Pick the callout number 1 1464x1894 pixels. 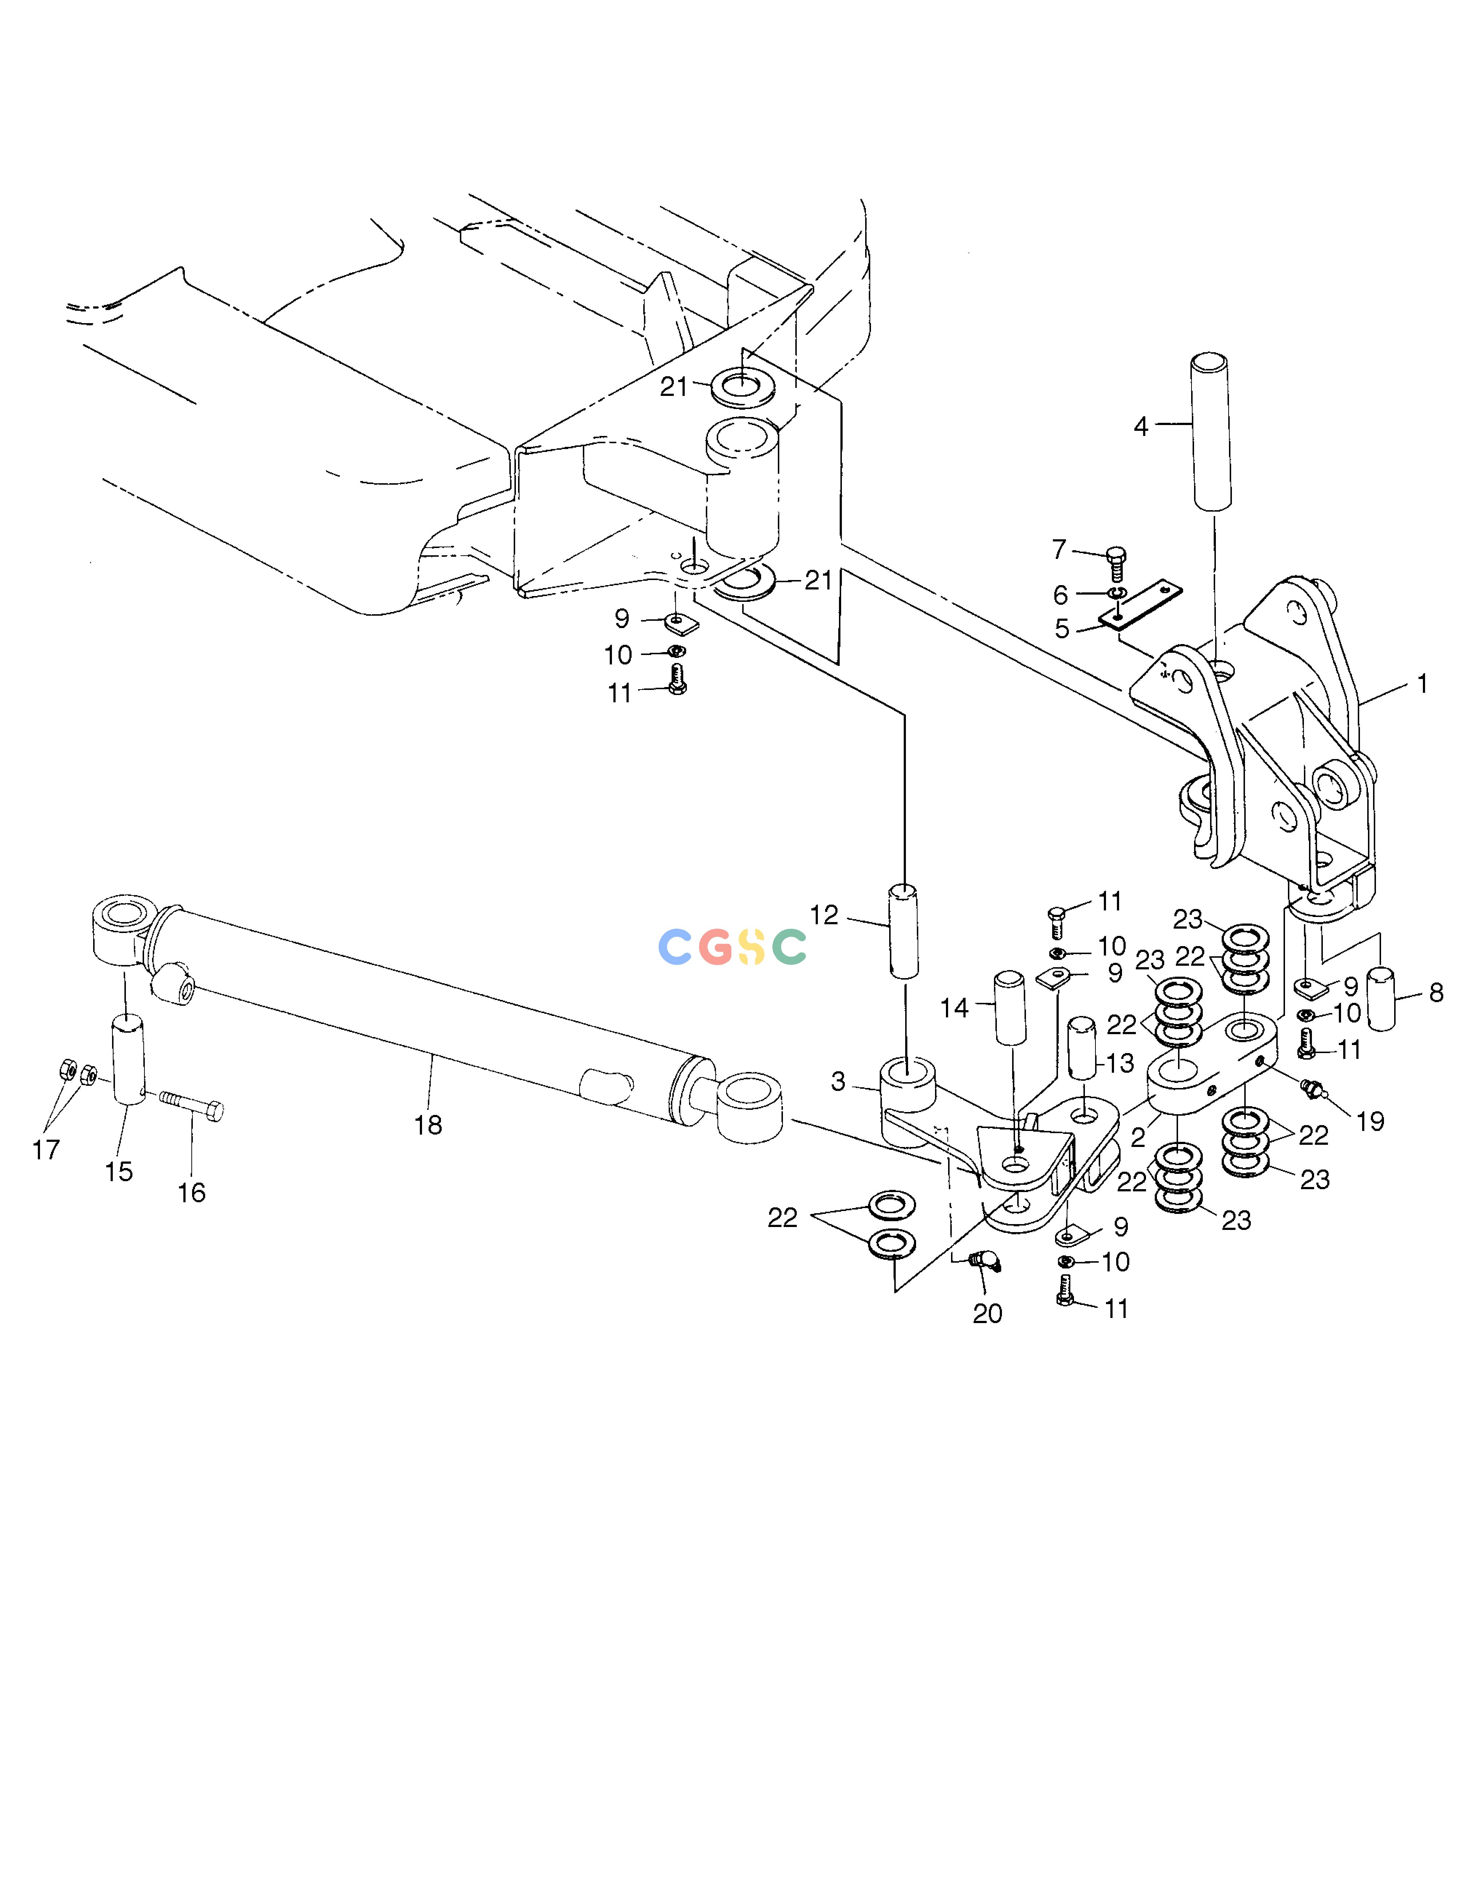coord(1423,684)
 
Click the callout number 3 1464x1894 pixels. coord(838,1081)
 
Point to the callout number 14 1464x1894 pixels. coord(954,1008)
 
